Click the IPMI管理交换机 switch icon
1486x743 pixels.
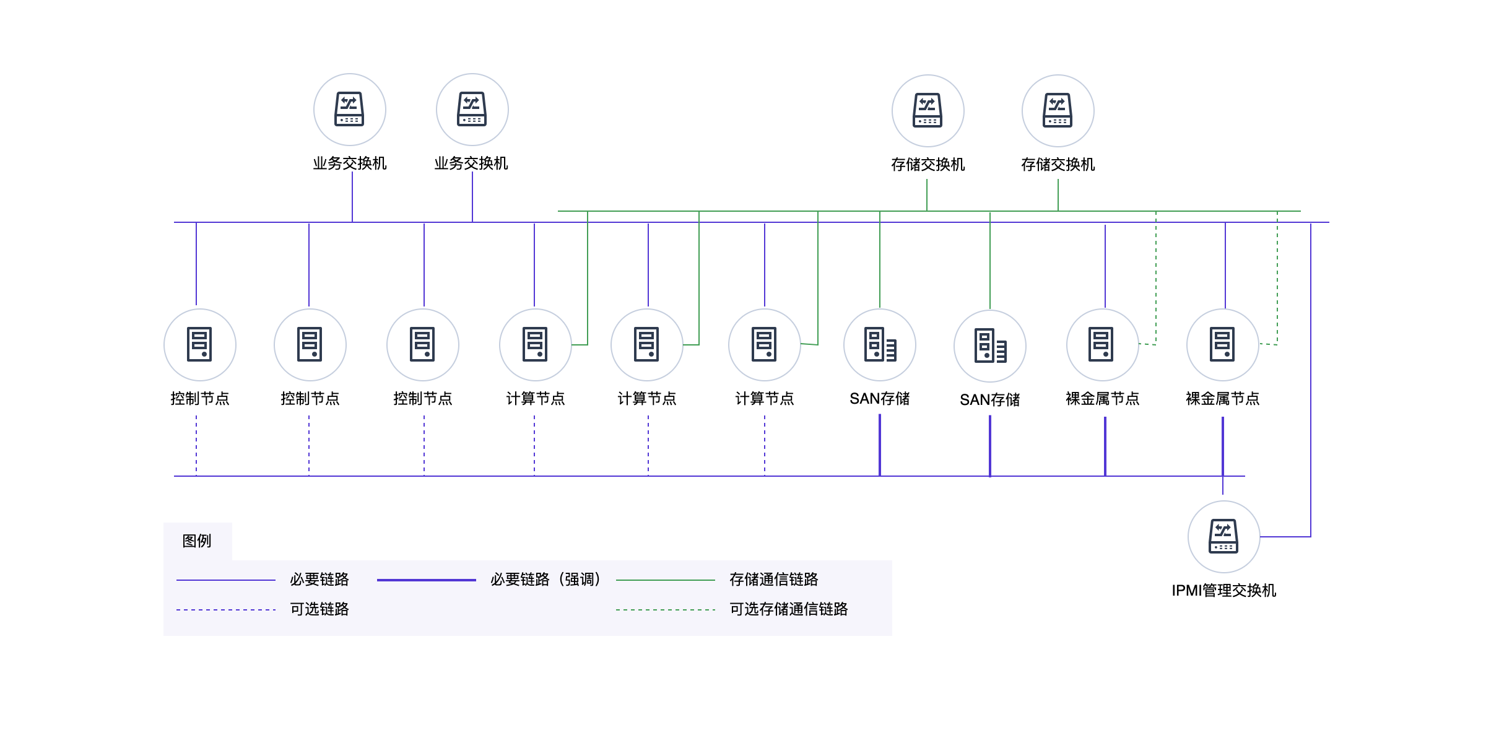click(1223, 536)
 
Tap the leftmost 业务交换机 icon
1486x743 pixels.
click(349, 110)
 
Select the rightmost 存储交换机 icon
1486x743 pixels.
click(1058, 111)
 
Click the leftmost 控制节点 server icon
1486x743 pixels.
click(199, 344)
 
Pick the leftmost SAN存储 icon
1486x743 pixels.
click(879, 344)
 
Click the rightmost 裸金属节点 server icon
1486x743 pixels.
click(1222, 344)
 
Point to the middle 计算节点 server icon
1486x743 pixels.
click(646, 344)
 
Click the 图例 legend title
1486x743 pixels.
click(197, 541)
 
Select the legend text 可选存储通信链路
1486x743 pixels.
click(788, 609)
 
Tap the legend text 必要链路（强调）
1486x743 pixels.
click(545, 580)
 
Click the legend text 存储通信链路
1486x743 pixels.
click(773, 580)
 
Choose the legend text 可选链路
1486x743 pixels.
click(319, 609)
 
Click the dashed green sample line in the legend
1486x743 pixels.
click(665, 610)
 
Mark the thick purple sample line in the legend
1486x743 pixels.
click(426, 580)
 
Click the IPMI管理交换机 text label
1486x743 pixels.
click(1223, 591)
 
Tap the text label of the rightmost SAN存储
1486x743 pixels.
click(989, 400)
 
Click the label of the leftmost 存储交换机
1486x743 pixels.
click(928, 165)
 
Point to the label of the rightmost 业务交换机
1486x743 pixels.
click(471, 163)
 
